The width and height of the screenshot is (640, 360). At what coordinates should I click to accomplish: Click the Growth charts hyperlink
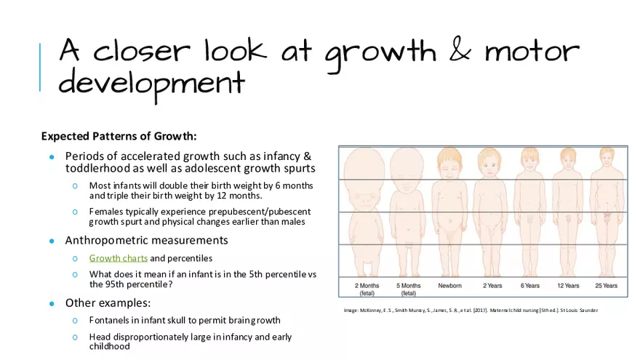119,258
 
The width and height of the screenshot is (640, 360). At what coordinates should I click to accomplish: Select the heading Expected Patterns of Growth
119,136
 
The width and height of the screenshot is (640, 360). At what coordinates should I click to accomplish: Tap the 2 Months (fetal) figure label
367,289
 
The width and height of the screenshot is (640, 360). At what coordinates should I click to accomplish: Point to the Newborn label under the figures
449,286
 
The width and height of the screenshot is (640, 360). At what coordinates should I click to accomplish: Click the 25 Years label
605,286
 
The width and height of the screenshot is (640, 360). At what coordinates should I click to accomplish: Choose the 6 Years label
530,286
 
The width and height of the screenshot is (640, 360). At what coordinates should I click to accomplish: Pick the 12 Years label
568,286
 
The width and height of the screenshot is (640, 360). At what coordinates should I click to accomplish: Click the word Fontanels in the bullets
111,320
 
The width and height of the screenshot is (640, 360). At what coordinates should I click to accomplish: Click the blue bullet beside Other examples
52,303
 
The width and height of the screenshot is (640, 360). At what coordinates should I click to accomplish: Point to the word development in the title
151,84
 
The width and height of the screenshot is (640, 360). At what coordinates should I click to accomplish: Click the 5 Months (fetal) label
409,289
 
